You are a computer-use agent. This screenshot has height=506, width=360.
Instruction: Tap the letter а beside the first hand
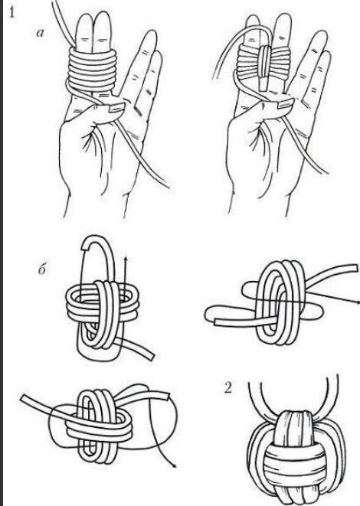(x=41, y=32)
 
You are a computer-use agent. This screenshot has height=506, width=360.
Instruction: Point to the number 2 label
(x=228, y=388)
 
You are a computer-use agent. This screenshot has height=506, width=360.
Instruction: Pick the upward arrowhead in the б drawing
(x=126, y=258)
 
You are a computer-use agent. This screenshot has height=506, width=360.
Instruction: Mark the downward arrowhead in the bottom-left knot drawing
(x=175, y=465)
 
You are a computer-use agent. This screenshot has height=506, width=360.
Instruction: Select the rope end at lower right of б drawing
(x=151, y=355)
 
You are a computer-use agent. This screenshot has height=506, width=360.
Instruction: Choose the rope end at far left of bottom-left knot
(x=23, y=398)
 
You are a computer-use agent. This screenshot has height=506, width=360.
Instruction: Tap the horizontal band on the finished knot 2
(x=293, y=456)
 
